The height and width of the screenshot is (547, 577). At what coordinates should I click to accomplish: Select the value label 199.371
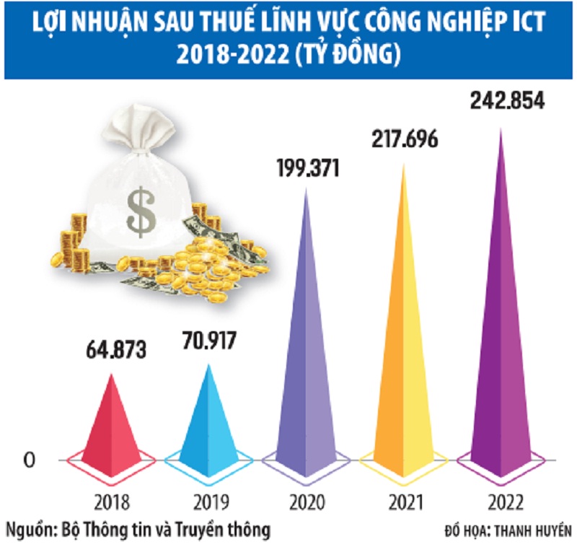click(308, 167)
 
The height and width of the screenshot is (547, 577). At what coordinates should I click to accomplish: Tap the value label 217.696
click(404, 138)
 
